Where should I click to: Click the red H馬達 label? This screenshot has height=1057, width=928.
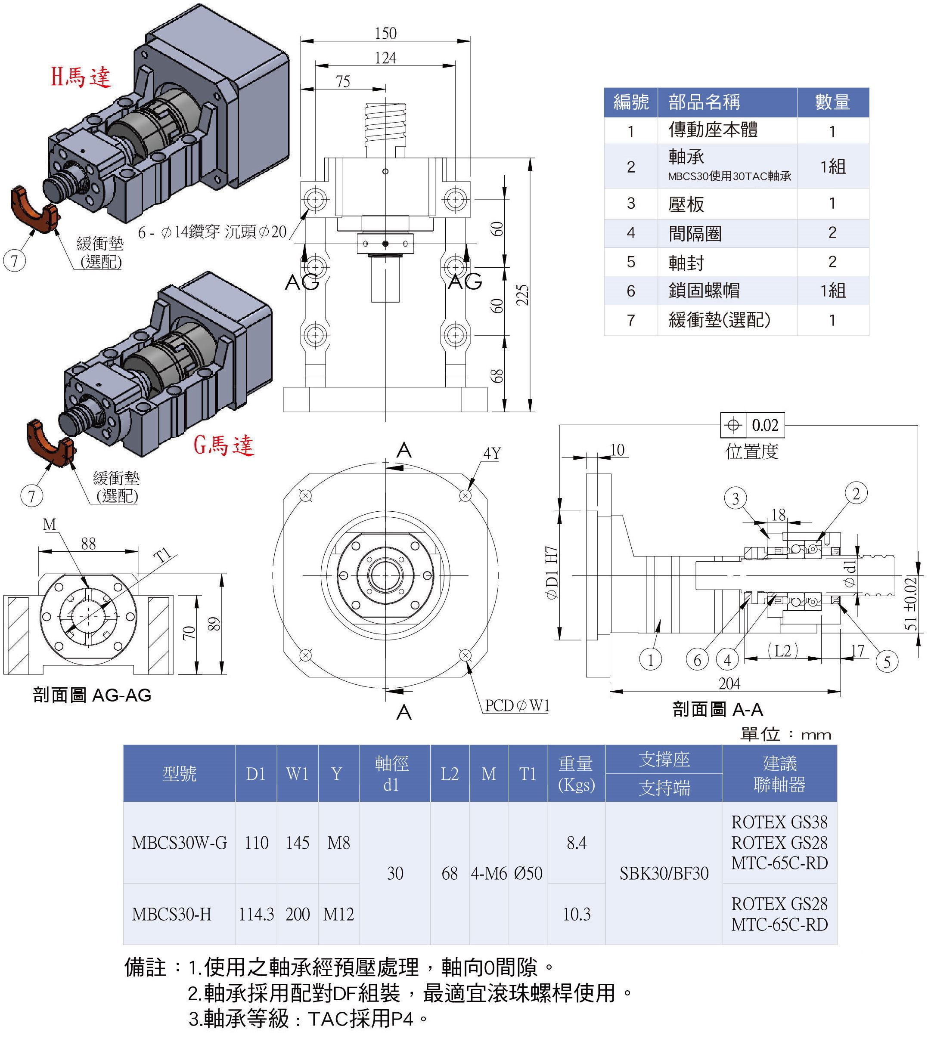pos(81,77)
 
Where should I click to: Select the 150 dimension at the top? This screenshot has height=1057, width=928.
pos(385,34)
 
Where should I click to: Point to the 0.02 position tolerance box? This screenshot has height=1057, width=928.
pos(752,425)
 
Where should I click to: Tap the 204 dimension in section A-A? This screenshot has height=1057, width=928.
pos(729,683)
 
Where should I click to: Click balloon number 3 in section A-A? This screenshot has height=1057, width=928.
pos(735,498)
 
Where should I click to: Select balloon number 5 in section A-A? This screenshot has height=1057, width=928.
pos(887,661)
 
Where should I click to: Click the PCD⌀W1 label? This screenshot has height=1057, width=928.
pos(516,705)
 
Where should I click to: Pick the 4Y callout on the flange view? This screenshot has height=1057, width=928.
pos(492,454)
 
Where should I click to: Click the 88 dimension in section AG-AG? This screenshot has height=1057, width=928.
pos(88,544)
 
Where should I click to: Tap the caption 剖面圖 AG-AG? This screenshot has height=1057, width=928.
pos(92,695)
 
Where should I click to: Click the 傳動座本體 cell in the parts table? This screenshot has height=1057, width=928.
pos(713,130)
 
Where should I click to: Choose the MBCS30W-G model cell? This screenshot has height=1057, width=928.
pos(179,843)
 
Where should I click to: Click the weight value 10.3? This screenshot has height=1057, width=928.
pos(576,914)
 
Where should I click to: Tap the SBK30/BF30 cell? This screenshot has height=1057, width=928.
pos(664,873)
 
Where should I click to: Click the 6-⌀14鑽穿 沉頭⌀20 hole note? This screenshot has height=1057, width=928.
pos(212,232)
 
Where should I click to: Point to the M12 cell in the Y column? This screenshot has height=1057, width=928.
pos(338,914)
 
